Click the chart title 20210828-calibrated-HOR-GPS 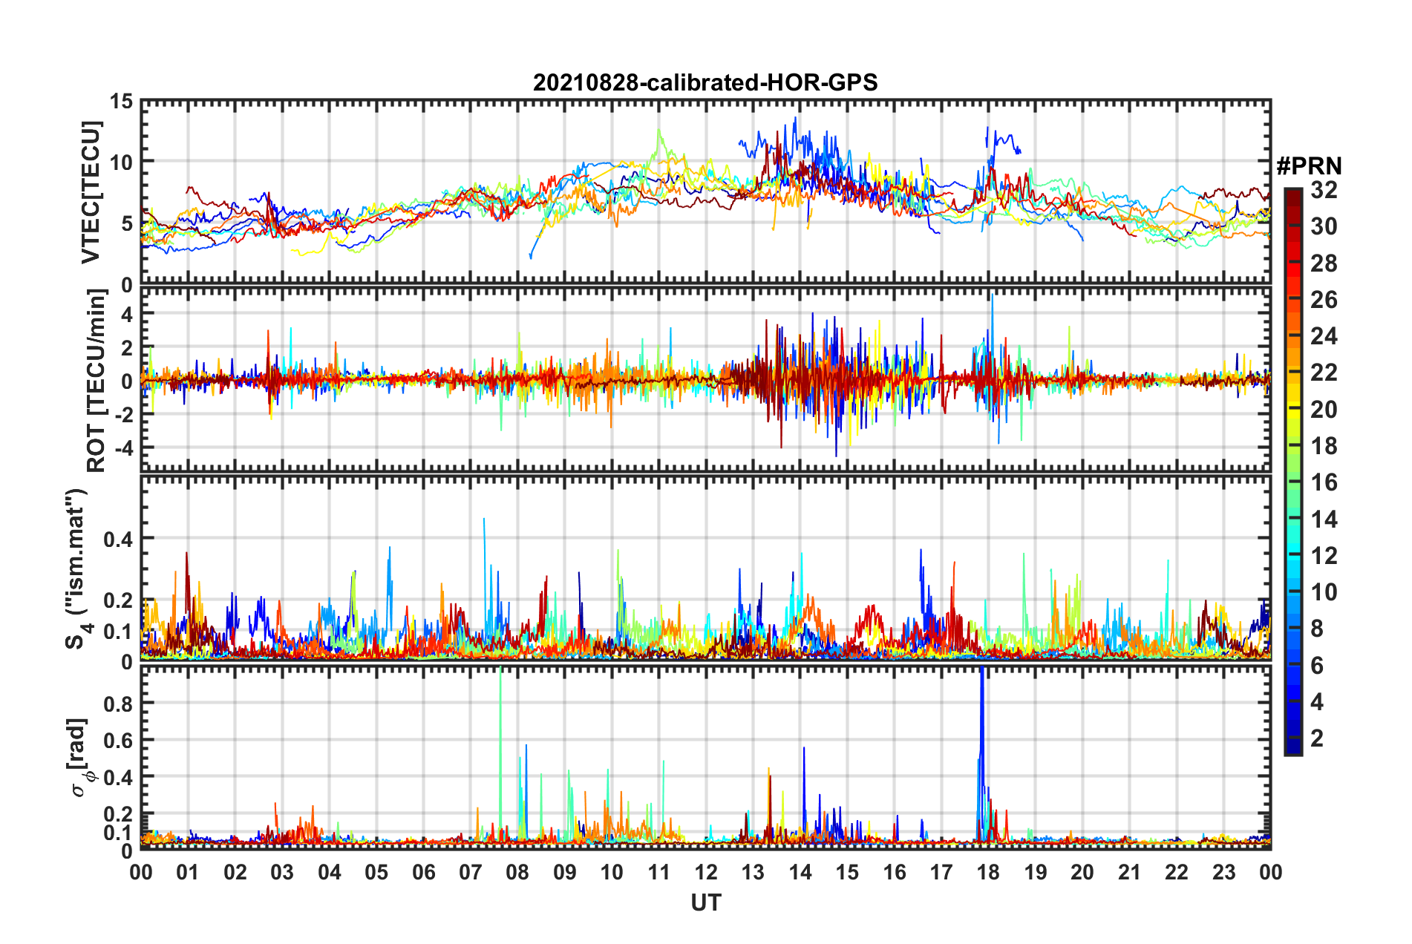click(705, 82)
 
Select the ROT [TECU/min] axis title click(97, 381)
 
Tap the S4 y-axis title click(77, 568)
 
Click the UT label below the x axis click(705, 902)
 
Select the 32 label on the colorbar click(1324, 190)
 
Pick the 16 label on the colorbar click(1324, 482)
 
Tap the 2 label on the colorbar click(1317, 738)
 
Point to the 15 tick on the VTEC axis click(122, 102)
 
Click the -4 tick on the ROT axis click(123, 448)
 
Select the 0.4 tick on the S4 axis click(118, 539)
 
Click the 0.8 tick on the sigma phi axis click(118, 704)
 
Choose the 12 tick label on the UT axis click(706, 872)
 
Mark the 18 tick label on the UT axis click(988, 872)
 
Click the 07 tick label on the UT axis click(471, 872)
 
